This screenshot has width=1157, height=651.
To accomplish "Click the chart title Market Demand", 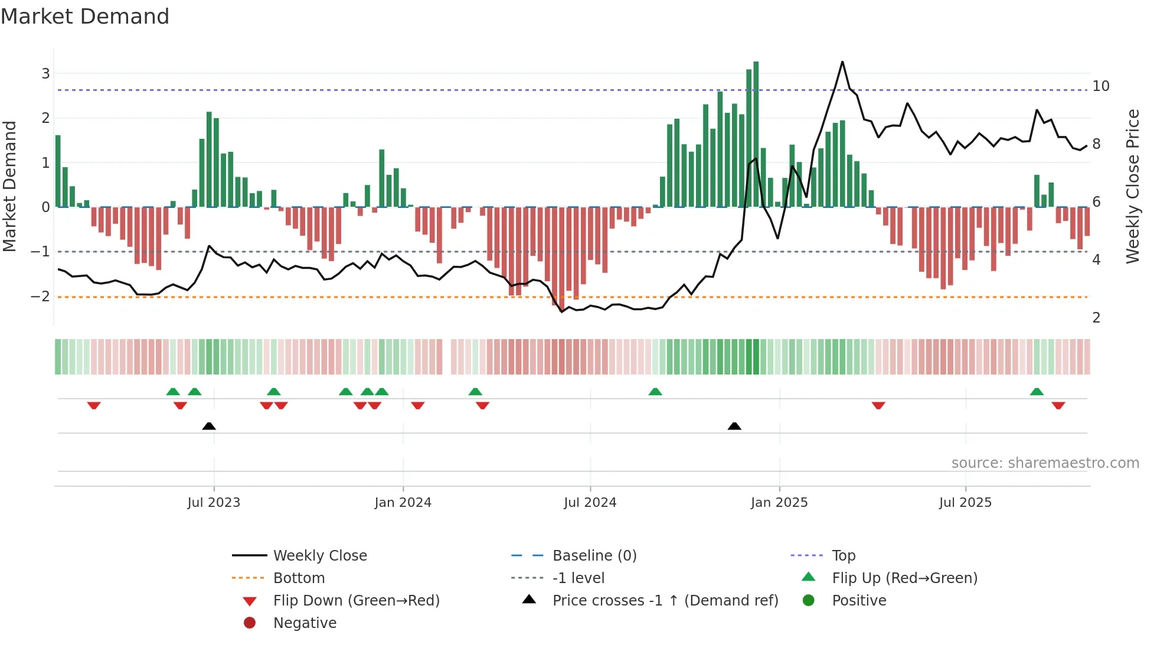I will click(85, 17).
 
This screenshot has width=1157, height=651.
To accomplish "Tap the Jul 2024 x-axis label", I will click(590, 503).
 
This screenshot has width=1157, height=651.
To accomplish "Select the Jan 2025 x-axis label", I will click(779, 503).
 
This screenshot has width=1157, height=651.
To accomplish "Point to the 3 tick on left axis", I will click(45, 74).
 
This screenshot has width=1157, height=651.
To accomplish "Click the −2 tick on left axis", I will click(41, 297).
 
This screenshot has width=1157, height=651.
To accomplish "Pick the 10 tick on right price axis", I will click(1100, 86).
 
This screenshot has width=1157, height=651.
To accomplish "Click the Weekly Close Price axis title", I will click(1132, 186).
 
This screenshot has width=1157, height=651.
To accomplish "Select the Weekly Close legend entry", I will click(319, 556).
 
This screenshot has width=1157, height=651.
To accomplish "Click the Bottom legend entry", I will click(299, 578).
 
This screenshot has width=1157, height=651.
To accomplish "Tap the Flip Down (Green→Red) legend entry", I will click(356, 601).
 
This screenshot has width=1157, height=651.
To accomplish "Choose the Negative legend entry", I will click(305, 623).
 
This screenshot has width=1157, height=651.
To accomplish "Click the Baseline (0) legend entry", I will click(594, 556).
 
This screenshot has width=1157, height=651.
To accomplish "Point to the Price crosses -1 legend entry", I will click(665, 601).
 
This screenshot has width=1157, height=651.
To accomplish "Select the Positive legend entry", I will click(859, 601).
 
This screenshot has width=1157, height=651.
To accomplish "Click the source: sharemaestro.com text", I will click(1045, 463).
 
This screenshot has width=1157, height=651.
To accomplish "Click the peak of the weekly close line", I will click(842, 62).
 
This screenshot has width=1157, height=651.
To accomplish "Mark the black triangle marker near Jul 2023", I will click(209, 426).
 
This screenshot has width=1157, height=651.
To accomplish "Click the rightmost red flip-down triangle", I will click(1058, 405).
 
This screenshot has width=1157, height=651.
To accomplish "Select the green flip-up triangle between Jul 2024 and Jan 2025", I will click(655, 392).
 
